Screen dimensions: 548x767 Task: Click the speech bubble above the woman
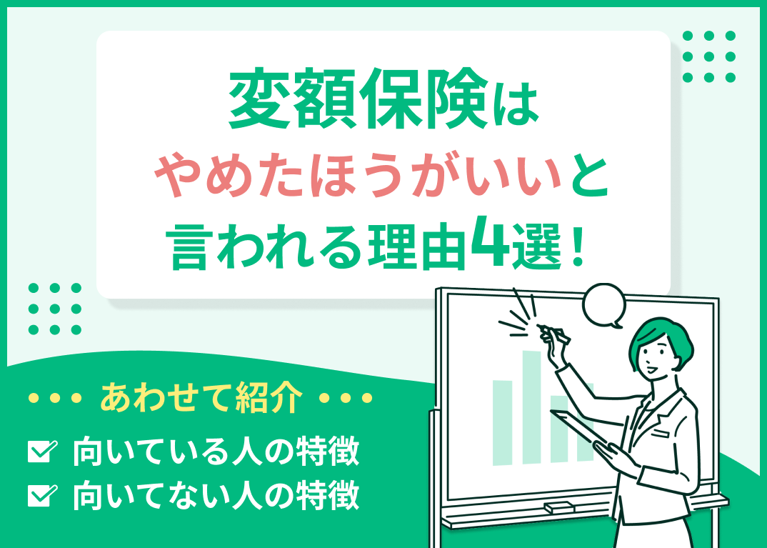(x=603, y=304)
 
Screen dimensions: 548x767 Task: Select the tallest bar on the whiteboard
(x=531, y=407)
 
